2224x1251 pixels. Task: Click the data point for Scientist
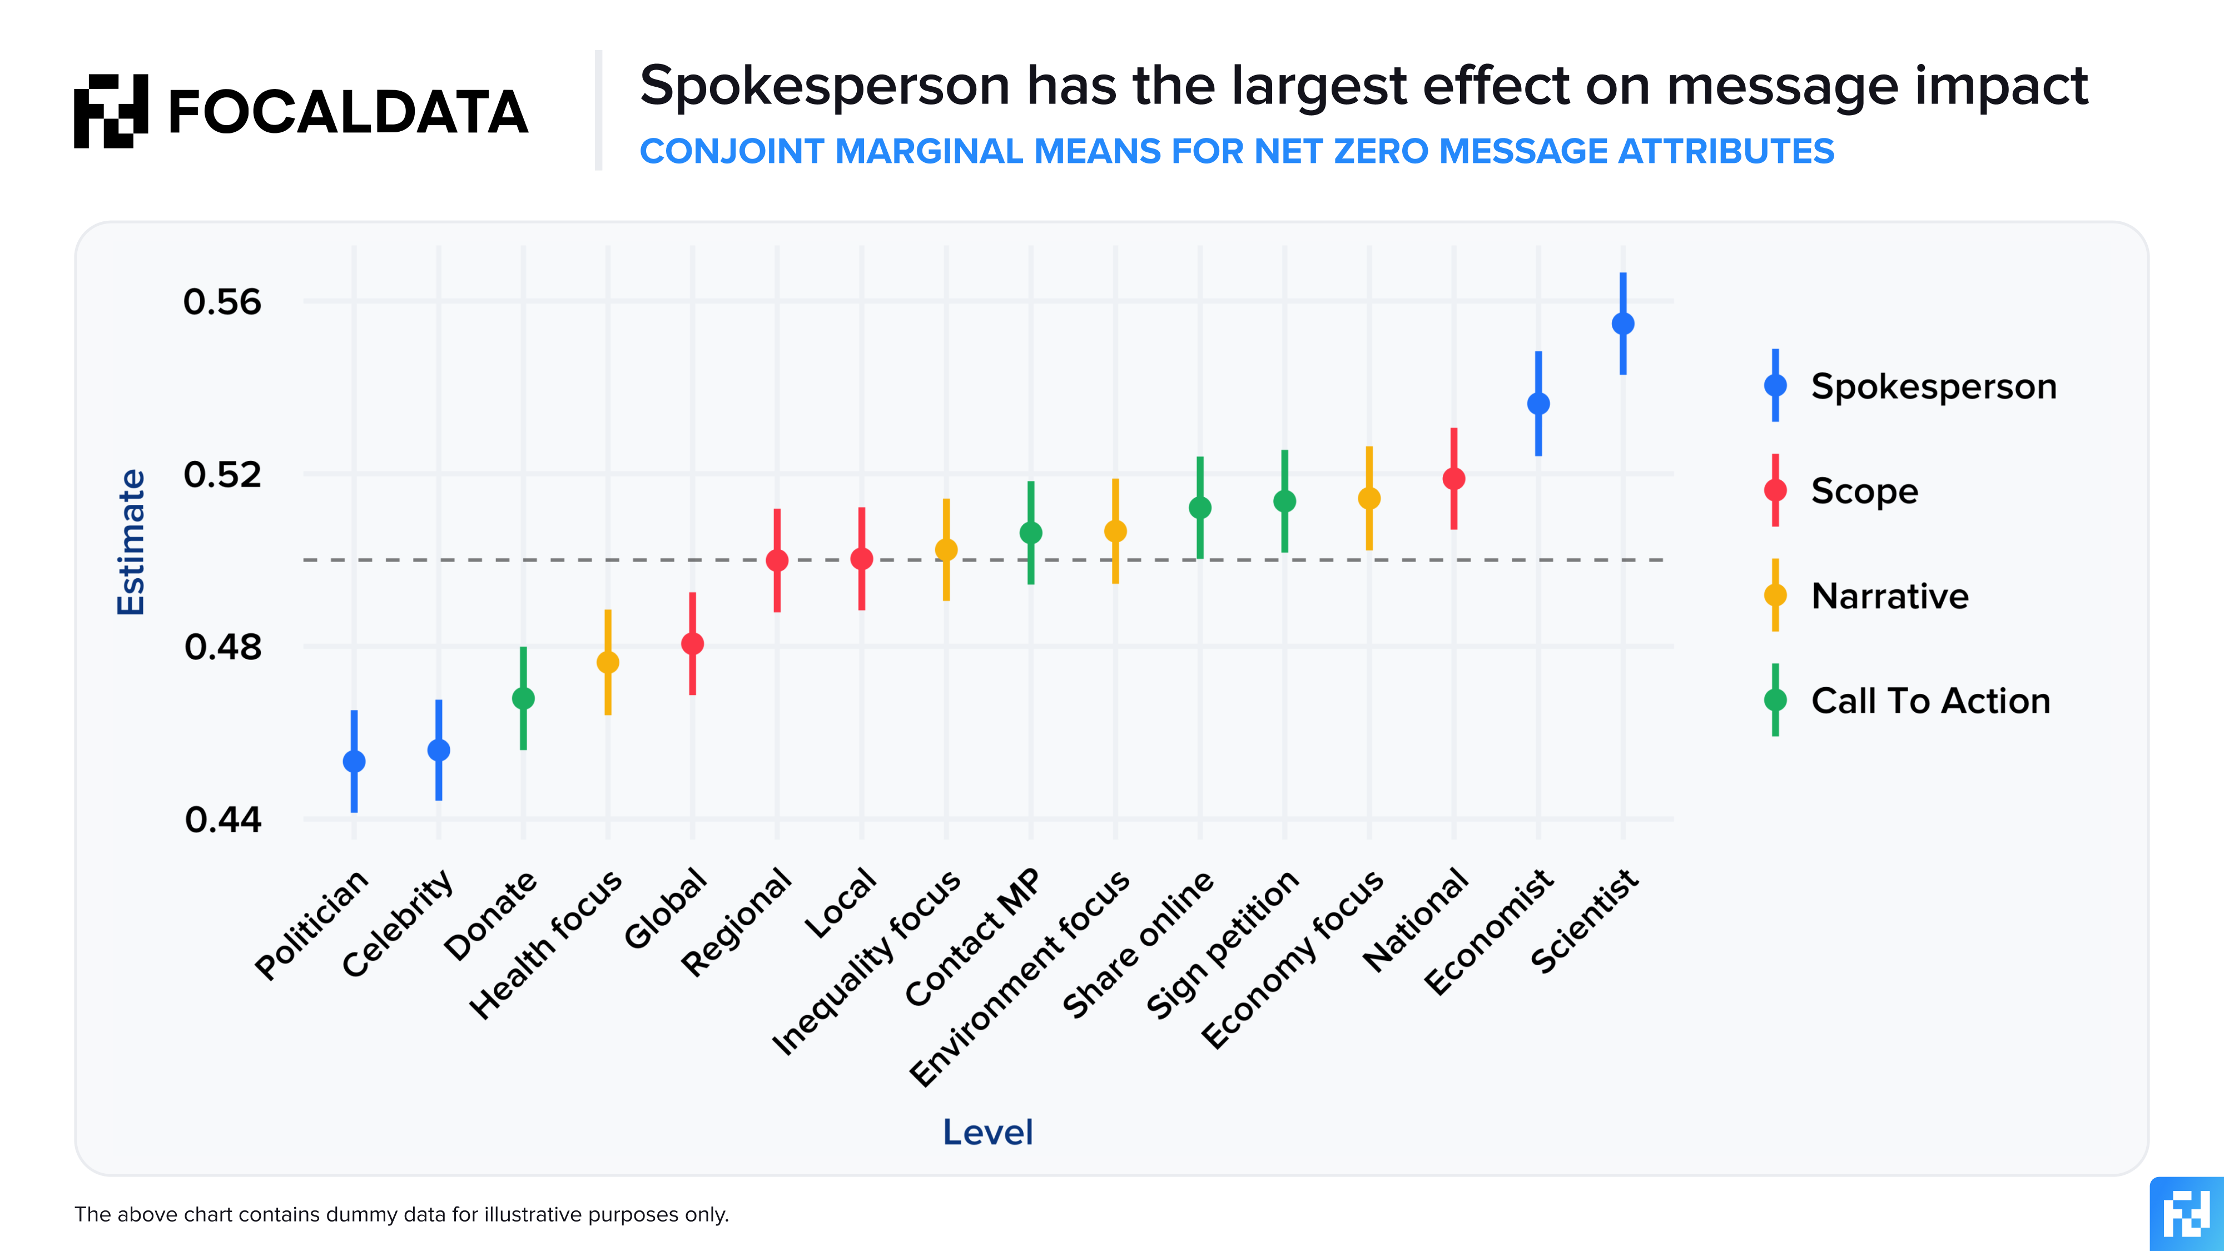tap(1622, 324)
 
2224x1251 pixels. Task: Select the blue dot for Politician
tap(354, 762)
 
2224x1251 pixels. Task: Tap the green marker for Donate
tap(523, 698)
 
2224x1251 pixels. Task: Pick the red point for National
tap(1454, 478)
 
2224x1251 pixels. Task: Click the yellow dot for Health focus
tap(608, 662)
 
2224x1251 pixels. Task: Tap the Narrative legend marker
tap(1775, 595)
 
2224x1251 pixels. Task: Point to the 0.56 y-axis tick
tap(222, 302)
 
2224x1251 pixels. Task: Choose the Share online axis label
tap(1138, 945)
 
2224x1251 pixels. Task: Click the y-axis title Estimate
tap(131, 542)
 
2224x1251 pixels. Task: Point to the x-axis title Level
tap(987, 1132)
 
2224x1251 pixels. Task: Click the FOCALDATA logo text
tap(347, 112)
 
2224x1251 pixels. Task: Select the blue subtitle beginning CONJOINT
tap(1237, 151)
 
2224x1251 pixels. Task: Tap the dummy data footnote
tap(401, 1215)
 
